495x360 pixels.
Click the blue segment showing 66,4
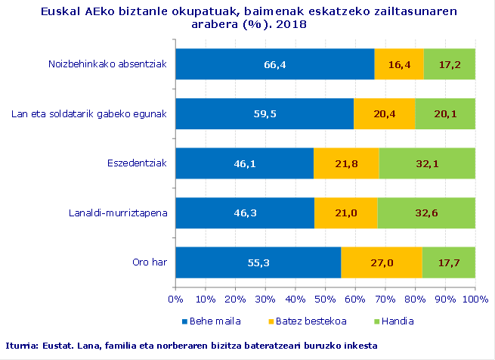[274, 64]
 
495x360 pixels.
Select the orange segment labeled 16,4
[399, 64]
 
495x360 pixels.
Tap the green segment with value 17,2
[449, 64]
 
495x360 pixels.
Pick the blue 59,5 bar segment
[265, 114]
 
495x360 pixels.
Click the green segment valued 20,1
[445, 114]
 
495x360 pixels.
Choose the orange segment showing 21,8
[346, 163]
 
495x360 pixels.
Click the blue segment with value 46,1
[244, 163]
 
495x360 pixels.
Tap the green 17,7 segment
[448, 262]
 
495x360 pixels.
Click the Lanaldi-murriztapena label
[119, 213]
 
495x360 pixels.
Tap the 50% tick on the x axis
[325, 300]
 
